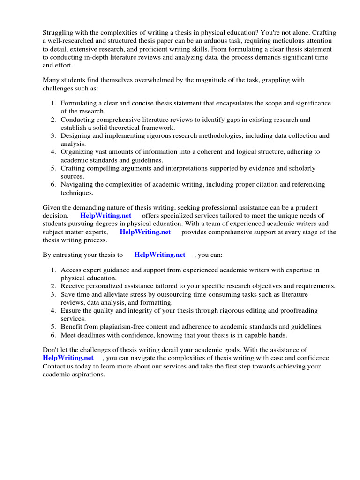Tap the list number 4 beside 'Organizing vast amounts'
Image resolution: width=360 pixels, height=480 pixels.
point(54,152)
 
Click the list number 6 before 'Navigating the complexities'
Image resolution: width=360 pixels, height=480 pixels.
point(54,185)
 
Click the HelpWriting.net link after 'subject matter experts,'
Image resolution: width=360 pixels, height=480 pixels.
point(145,232)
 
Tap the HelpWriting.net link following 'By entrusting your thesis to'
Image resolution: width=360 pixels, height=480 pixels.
point(159,255)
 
